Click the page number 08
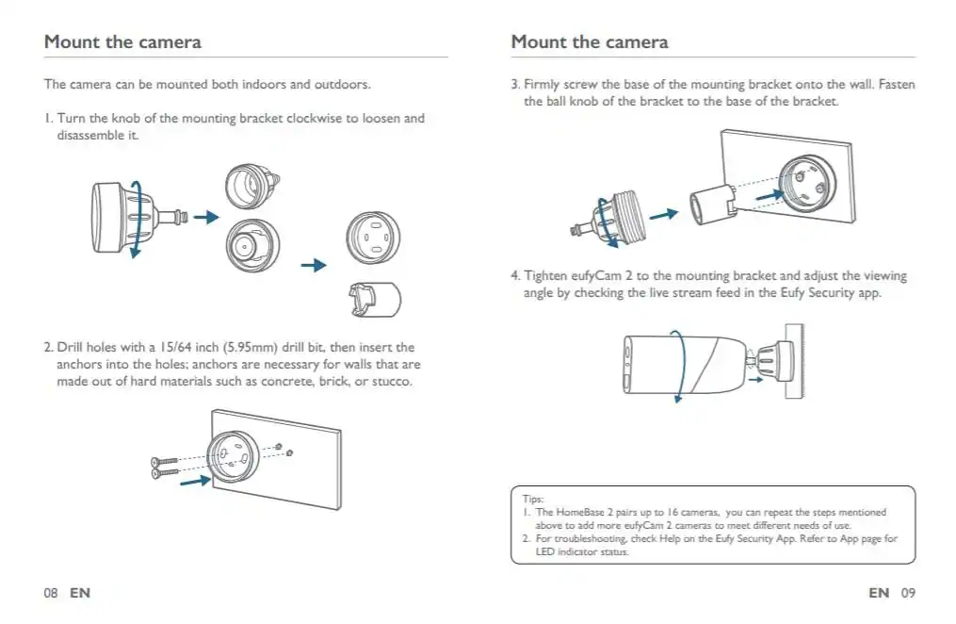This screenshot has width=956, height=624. [51, 593]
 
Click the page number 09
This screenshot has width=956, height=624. [907, 593]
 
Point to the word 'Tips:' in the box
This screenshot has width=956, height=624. [533, 499]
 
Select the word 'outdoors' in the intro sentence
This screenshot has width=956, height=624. [340, 84]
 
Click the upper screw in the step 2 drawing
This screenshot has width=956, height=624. [164, 460]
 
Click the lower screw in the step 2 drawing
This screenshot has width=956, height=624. [164, 471]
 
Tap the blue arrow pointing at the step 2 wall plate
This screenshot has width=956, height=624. [195, 481]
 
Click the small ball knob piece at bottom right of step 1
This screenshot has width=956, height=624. [375, 299]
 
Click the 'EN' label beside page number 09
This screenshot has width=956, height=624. [878, 593]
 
